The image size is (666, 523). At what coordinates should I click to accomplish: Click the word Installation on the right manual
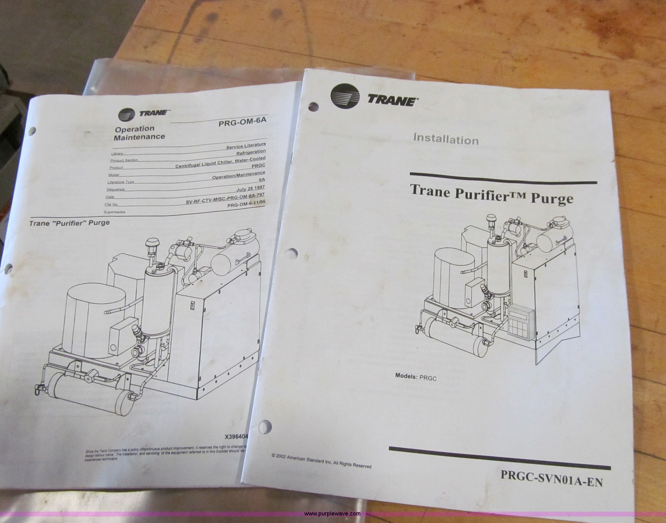click(446, 139)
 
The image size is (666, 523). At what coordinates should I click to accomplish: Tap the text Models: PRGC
click(415, 376)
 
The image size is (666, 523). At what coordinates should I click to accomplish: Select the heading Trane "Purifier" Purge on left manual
click(69, 223)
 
